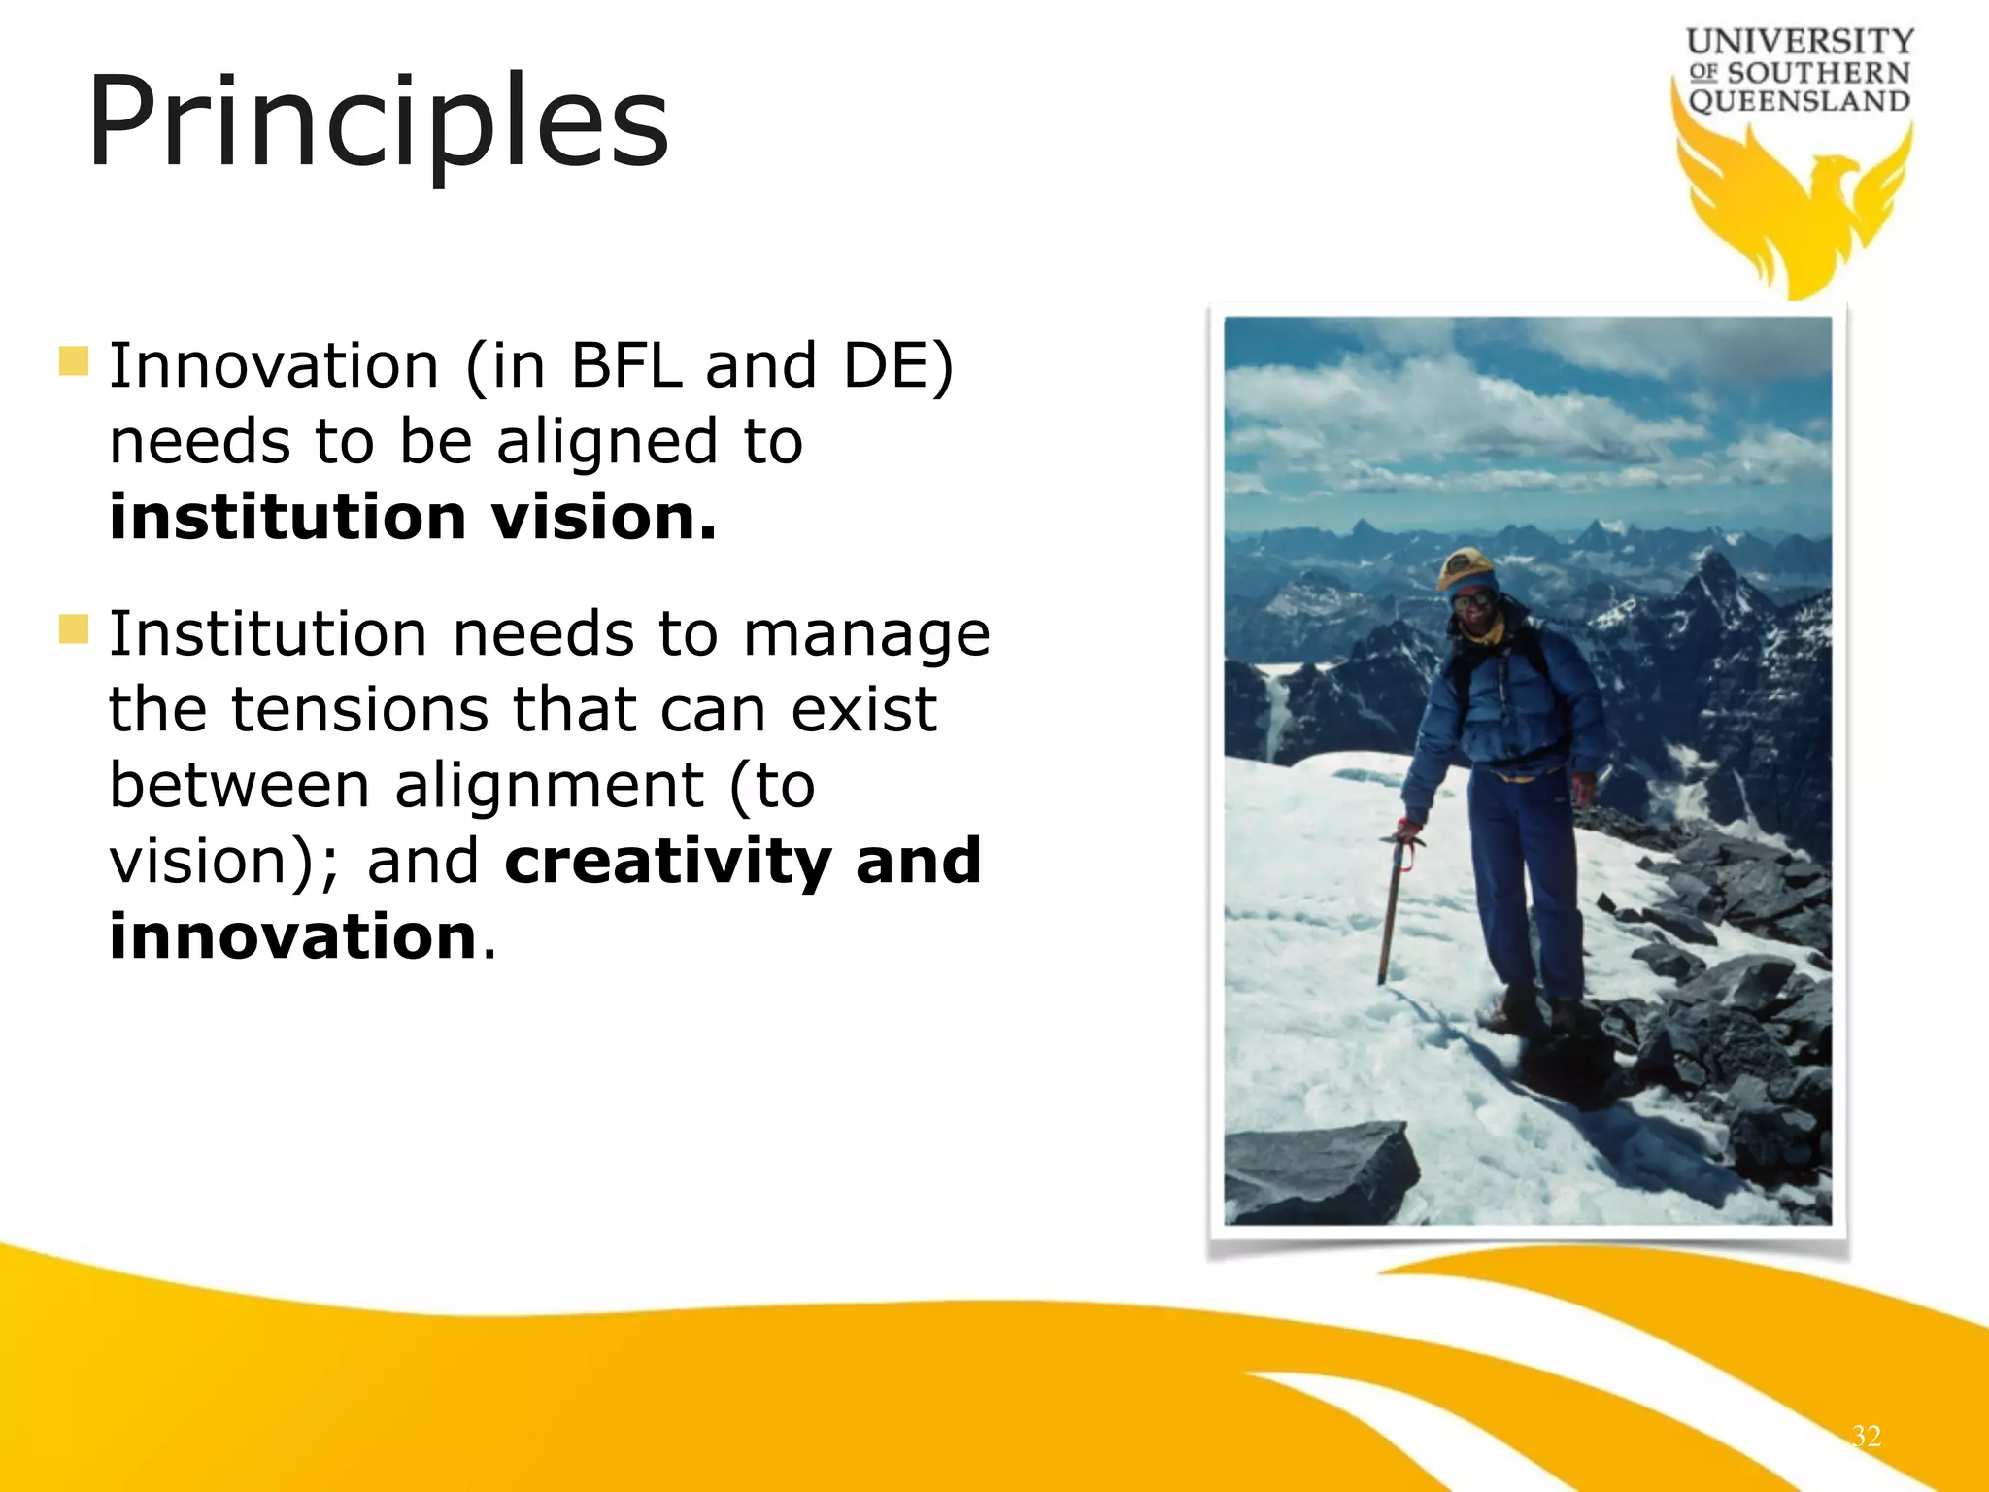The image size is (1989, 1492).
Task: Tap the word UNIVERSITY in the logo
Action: click(1800, 41)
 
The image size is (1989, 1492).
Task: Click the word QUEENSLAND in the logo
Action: click(1800, 101)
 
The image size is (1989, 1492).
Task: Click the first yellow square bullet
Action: click(74, 361)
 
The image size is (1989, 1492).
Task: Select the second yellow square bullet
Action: click(74, 629)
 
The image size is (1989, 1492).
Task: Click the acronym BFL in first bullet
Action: click(626, 367)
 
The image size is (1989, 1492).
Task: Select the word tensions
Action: click(359, 710)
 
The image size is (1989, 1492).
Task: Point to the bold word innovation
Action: click(292, 937)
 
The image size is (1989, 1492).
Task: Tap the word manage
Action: click(866, 635)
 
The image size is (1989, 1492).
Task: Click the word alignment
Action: click(550, 786)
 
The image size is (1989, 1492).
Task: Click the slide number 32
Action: click(1866, 1436)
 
